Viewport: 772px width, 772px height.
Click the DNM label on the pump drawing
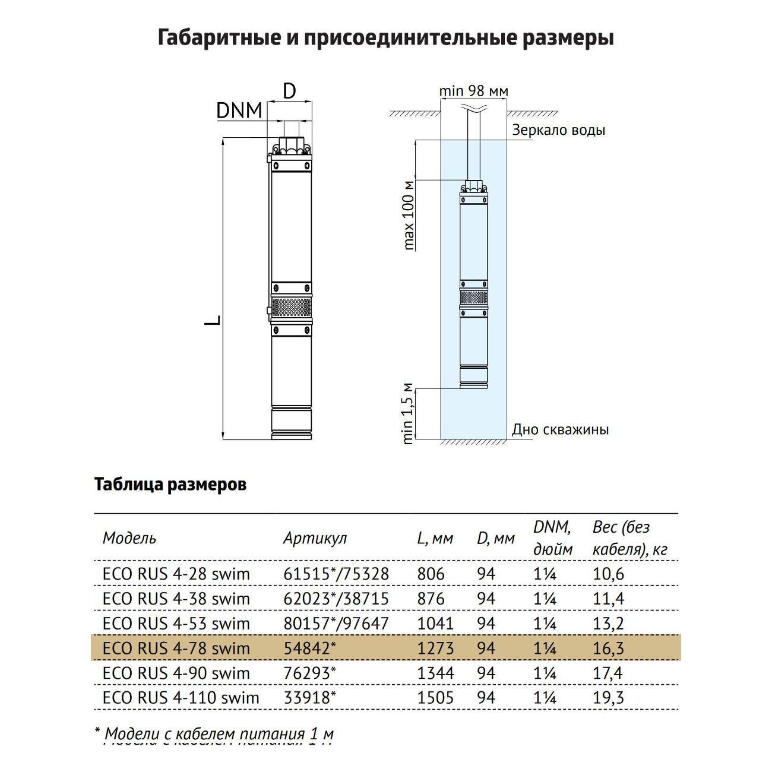(239, 110)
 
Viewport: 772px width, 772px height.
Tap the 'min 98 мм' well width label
(473, 91)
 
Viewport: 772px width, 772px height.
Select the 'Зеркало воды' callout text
(558, 130)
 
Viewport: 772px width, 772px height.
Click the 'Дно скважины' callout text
(560, 429)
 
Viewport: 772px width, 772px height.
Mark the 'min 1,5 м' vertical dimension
(408, 413)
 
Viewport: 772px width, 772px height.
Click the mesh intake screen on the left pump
(291, 307)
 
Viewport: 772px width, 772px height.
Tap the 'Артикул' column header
(315, 538)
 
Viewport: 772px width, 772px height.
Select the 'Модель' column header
(129, 538)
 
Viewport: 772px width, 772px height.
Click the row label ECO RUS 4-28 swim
(176, 574)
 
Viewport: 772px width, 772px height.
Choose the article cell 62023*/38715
(336, 599)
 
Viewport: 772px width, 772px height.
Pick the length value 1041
(435, 624)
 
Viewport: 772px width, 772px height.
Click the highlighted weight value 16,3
(608, 648)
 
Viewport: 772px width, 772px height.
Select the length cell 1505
(435, 697)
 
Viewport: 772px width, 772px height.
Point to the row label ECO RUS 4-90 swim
(176, 673)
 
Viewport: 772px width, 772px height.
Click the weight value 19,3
(608, 697)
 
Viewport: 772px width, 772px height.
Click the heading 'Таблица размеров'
(170, 485)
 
